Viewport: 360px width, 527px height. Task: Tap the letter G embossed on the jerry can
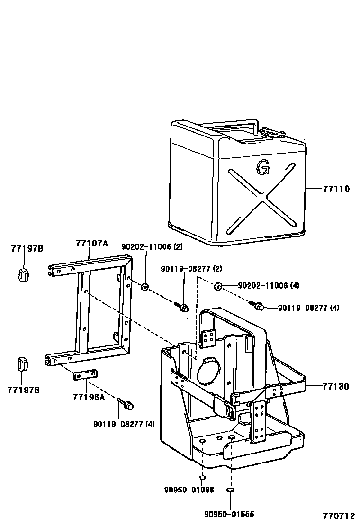coord(262,166)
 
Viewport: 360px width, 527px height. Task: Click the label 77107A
coord(91,244)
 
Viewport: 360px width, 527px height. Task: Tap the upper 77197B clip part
coord(23,274)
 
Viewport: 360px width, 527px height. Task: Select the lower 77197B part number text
coord(23,390)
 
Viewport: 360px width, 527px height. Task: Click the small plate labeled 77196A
coord(85,374)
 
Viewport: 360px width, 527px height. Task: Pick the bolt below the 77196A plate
coord(126,404)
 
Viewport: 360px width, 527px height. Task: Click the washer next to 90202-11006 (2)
coord(145,286)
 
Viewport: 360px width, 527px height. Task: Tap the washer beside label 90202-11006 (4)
coord(218,286)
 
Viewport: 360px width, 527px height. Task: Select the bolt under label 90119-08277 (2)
coord(182,307)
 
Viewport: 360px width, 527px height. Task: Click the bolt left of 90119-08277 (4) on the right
coord(258,306)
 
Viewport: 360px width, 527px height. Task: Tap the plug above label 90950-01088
coord(202,477)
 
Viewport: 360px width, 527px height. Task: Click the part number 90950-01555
coord(229,514)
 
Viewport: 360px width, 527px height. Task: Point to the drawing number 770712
coord(339,516)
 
